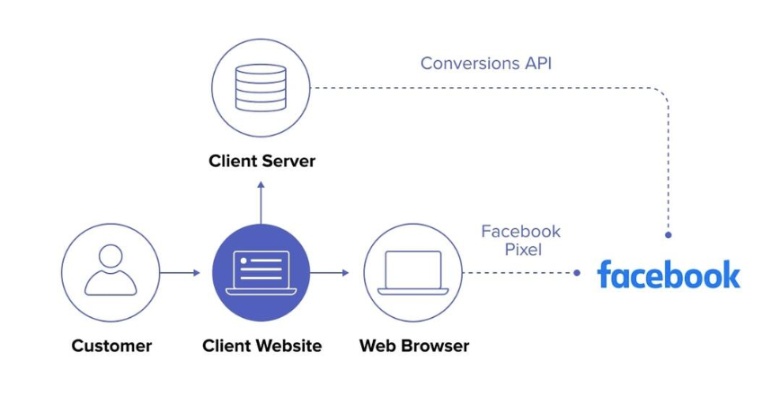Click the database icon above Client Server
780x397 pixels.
[261, 86]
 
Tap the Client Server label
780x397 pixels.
[261, 162]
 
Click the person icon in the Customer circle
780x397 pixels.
[111, 269]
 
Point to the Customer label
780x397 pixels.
[111, 346]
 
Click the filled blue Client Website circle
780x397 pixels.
[261, 272]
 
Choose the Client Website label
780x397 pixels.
[261, 346]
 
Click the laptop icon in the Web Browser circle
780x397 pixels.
[412, 272]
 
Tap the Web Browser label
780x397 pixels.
[413, 346]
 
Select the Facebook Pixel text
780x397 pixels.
[521, 240]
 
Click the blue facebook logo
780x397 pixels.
[669, 274]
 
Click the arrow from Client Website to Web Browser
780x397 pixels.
[336, 272]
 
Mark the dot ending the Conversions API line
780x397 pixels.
[668, 235]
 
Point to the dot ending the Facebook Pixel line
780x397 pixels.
[578, 272]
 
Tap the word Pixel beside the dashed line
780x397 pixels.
[522, 250]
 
